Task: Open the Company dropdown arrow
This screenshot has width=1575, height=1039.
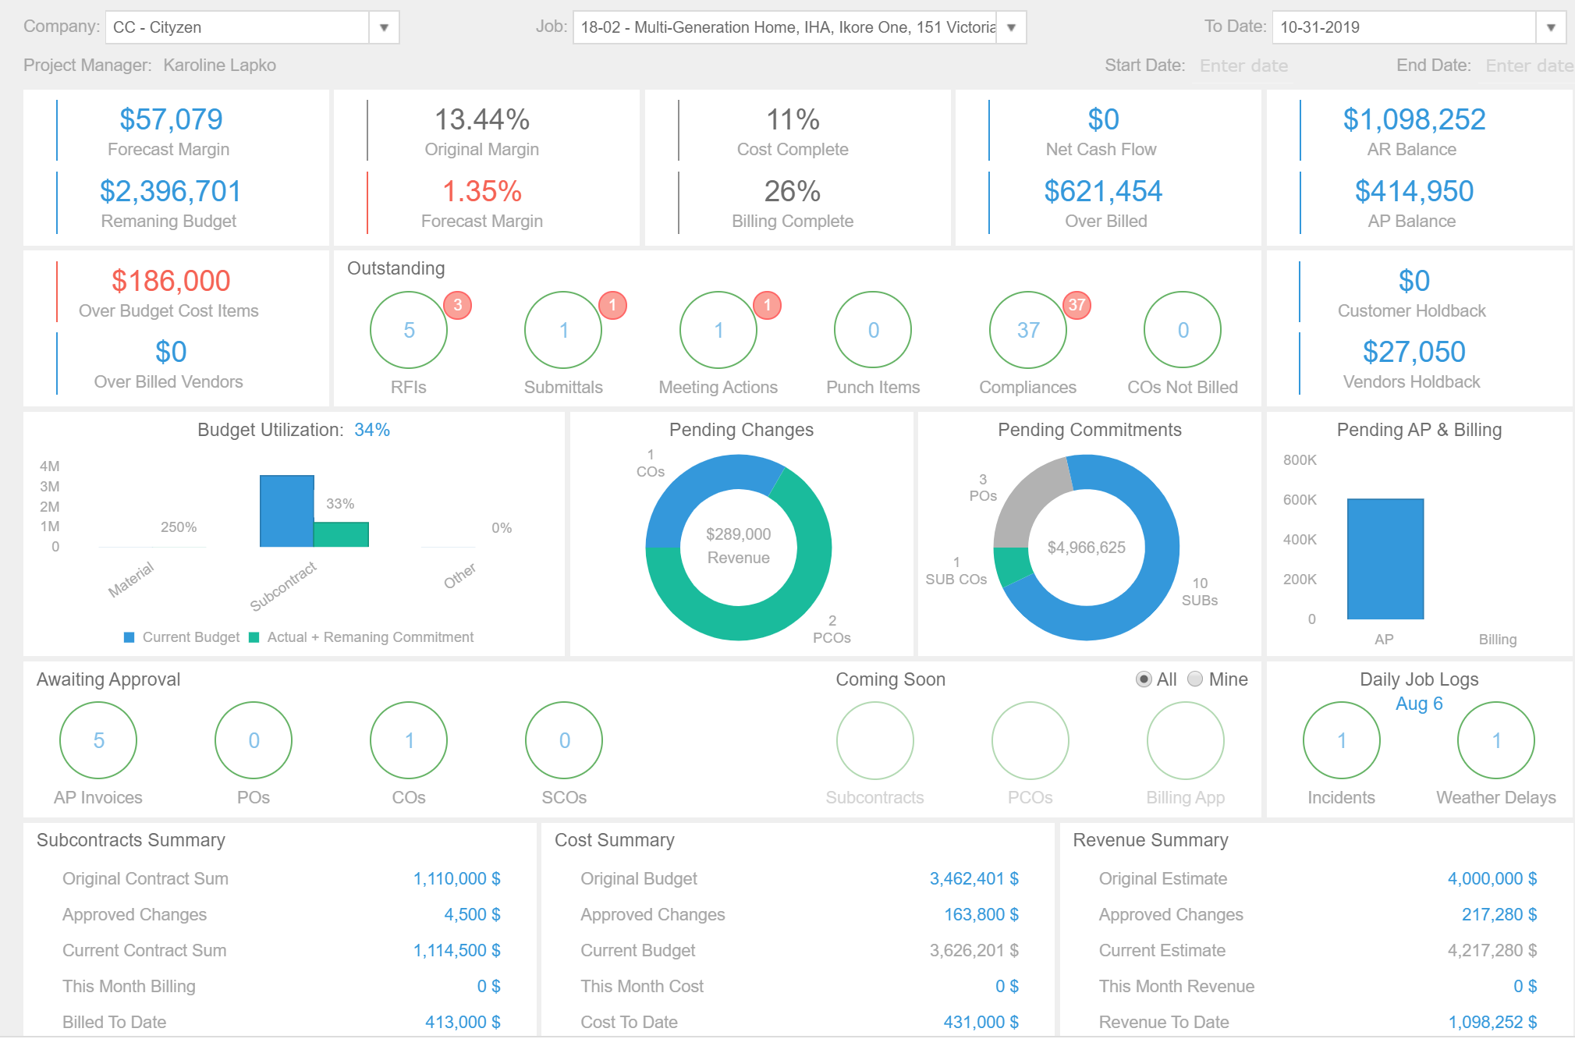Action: coord(384,27)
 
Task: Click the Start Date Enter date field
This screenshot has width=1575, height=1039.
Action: coord(1243,66)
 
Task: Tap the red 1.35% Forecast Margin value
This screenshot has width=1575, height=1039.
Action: coord(481,191)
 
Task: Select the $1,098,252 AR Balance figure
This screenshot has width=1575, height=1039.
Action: coord(1414,119)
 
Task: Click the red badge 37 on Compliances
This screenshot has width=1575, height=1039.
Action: coord(1077,305)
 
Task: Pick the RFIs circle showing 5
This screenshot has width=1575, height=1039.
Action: coord(409,330)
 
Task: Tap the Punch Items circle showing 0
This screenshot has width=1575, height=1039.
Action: coord(873,330)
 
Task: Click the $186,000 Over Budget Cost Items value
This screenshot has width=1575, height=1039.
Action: coord(171,281)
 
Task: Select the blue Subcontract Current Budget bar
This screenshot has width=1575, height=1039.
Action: coord(286,511)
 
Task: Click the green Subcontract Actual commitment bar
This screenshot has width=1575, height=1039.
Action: coord(341,534)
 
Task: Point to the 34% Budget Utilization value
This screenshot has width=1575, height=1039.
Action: coord(372,430)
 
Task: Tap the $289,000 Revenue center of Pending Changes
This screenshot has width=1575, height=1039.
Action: coord(738,546)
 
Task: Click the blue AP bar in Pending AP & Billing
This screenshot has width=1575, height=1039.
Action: coord(1385,559)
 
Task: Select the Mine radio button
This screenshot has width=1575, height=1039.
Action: coord(1194,679)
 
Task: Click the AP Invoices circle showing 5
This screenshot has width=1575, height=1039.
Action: coord(98,740)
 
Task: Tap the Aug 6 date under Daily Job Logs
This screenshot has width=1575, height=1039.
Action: coord(1419,704)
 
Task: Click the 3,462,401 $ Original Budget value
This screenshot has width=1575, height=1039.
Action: coord(974,879)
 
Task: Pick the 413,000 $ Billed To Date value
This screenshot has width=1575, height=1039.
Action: coord(463,1022)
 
